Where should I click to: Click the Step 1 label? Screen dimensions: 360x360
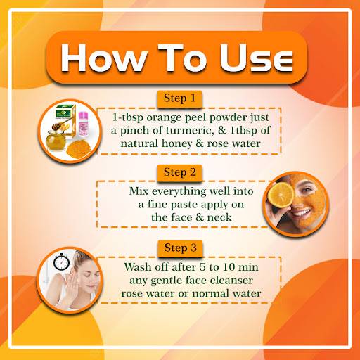(179, 98)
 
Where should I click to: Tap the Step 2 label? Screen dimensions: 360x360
(180, 172)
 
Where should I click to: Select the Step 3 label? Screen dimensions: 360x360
(180, 248)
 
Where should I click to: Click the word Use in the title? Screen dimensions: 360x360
(257, 58)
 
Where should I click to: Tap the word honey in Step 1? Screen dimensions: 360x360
(176, 143)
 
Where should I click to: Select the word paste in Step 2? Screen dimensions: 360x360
(184, 205)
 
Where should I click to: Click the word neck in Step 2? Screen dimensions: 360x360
(219, 217)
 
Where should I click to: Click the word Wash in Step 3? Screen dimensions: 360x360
(138, 267)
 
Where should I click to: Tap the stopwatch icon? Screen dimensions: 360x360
(61, 262)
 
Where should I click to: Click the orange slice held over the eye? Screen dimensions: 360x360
(281, 195)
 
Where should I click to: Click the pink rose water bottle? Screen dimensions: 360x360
(83, 124)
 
